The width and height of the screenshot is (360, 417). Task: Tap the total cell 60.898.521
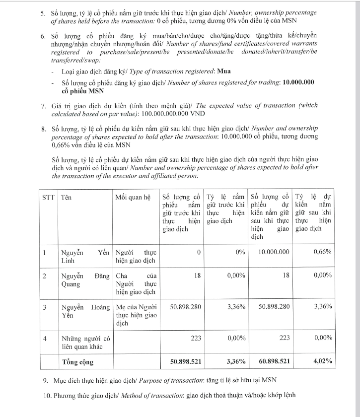(270, 361)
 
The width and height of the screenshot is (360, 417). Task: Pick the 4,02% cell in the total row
(321, 361)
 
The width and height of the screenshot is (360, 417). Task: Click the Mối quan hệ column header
(133, 197)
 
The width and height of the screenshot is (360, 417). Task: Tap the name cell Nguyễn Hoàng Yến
(84, 311)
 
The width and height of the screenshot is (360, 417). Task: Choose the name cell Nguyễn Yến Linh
(84, 256)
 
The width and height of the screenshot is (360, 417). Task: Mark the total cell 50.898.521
(185, 361)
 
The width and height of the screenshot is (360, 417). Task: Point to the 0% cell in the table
(240, 252)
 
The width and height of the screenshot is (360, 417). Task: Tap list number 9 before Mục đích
(46, 381)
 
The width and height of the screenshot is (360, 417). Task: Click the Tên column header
(66, 197)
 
